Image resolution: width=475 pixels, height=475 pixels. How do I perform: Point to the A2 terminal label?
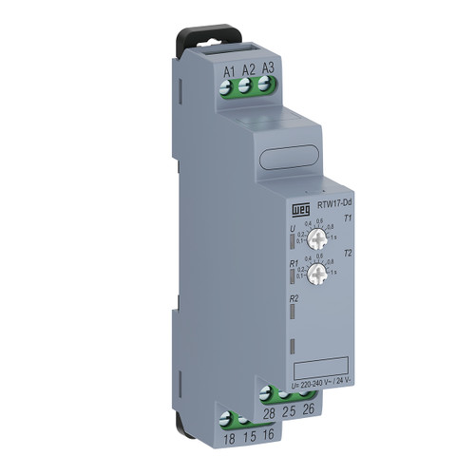coord(248,68)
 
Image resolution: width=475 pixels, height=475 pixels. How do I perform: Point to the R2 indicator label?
coord(294,299)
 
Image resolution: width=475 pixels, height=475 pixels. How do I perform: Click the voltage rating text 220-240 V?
coord(327,384)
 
